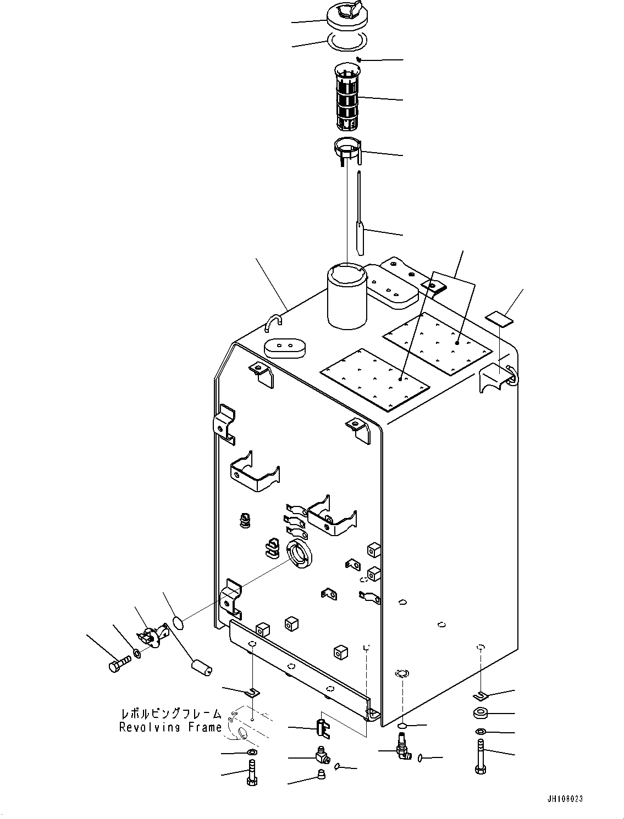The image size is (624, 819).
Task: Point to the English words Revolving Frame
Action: tap(170, 727)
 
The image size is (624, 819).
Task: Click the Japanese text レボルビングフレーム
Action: tap(171, 714)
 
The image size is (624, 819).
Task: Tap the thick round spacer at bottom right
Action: tap(481, 714)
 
